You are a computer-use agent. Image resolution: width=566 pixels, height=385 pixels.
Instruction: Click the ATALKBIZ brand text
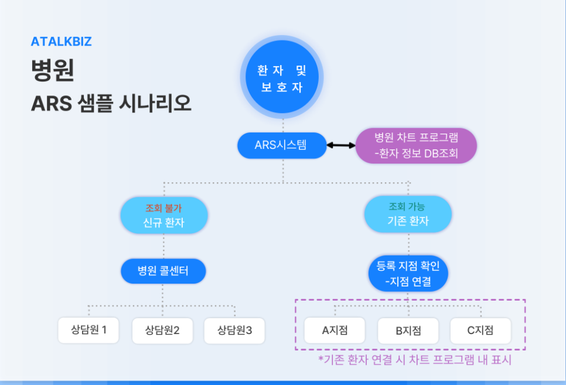pos(61,42)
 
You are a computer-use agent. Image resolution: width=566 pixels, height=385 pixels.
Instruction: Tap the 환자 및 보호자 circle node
pos(282,79)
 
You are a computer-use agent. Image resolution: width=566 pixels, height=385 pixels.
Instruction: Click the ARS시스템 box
pos(281,145)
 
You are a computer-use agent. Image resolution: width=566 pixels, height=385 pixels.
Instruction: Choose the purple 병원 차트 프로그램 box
pos(416,145)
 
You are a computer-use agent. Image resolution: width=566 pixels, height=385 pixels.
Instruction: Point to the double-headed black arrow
pos(341,145)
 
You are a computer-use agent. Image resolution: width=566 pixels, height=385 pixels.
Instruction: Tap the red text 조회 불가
pos(163,208)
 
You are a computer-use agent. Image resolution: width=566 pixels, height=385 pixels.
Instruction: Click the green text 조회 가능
pos(407,206)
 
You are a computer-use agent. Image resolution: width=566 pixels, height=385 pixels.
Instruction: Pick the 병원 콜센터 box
pos(163,271)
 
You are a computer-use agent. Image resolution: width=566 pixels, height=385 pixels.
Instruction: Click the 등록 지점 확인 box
pos(408,273)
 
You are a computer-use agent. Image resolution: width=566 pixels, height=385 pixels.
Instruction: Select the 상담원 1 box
pos(88,330)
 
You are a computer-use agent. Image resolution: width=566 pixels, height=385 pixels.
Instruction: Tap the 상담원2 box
pos(162,330)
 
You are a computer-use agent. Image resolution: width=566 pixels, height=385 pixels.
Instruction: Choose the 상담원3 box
pos(234,330)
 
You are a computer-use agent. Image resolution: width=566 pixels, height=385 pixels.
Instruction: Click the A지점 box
pos(335,330)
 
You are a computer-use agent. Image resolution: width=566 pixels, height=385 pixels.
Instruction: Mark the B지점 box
pos(408,331)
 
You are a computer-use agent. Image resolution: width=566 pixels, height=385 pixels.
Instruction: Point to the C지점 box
pos(480,330)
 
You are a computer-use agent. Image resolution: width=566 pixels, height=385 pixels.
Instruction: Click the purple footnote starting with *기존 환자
pos(415,360)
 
